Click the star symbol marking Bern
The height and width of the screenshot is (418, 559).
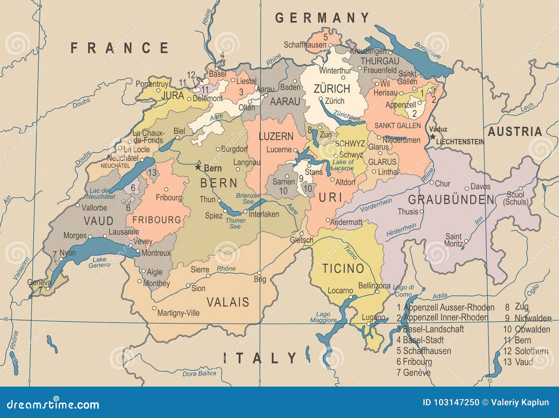click(x=198, y=167)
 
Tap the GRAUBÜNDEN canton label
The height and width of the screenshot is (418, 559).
click(x=451, y=200)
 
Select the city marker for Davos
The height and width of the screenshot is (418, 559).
click(x=466, y=189)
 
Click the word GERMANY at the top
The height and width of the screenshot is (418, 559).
click(x=322, y=18)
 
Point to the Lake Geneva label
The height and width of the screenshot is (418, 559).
click(x=100, y=262)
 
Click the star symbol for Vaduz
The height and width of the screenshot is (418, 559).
click(x=433, y=137)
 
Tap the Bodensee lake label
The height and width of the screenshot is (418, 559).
click(x=428, y=50)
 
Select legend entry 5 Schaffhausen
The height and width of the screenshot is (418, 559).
click(x=423, y=351)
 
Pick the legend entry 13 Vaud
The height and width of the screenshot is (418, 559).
click(x=518, y=362)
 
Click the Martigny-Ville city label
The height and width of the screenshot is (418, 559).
click(x=178, y=313)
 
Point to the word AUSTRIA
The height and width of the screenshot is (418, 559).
click(x=515, y=132)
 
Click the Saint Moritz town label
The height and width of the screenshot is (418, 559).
click(x=453, y=240)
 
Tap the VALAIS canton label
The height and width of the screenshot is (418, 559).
click(x=228, y=302)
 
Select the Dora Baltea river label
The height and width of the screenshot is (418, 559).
click(x=199, y=374)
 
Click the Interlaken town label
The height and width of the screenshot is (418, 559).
click(x=264, y=214)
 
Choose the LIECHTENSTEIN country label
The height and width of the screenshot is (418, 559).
click(x=460, y=142)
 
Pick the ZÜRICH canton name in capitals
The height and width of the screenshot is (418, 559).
click(x=332, y=89)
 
